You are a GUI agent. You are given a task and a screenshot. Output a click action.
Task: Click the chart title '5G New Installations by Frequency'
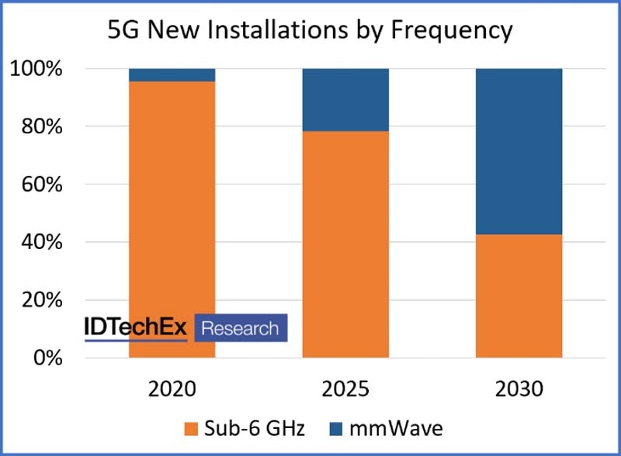point(309,29)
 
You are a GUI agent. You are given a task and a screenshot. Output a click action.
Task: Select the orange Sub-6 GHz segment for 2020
point(172,194)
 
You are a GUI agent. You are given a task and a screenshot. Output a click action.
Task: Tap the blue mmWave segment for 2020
point(172,74)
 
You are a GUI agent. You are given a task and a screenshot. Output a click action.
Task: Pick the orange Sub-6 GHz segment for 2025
point(345,244)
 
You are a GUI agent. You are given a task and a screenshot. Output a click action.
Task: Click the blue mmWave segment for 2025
point(345,99)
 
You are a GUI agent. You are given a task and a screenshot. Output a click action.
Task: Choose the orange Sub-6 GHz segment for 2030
point(519,295)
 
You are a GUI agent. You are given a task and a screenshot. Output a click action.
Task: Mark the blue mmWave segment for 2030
point(519,151)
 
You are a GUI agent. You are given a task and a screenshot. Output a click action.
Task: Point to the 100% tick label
point(36,69)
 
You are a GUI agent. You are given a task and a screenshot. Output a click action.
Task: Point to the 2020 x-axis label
point(172,388)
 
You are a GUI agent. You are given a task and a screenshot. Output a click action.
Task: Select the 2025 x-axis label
point(345,388)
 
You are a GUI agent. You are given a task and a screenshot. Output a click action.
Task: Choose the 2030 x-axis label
point(519,388)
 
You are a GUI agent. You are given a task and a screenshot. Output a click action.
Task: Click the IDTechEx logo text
point(135,328)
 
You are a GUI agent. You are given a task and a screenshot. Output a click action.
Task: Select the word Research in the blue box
point(240,328)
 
